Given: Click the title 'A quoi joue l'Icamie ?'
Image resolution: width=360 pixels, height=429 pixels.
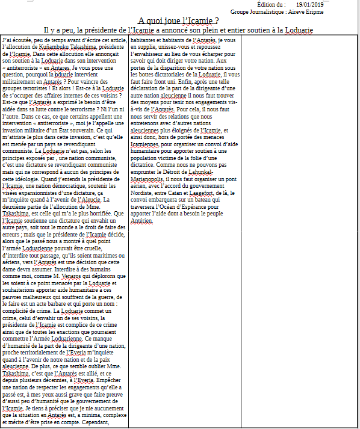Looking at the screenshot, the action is [x=179, y=20].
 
